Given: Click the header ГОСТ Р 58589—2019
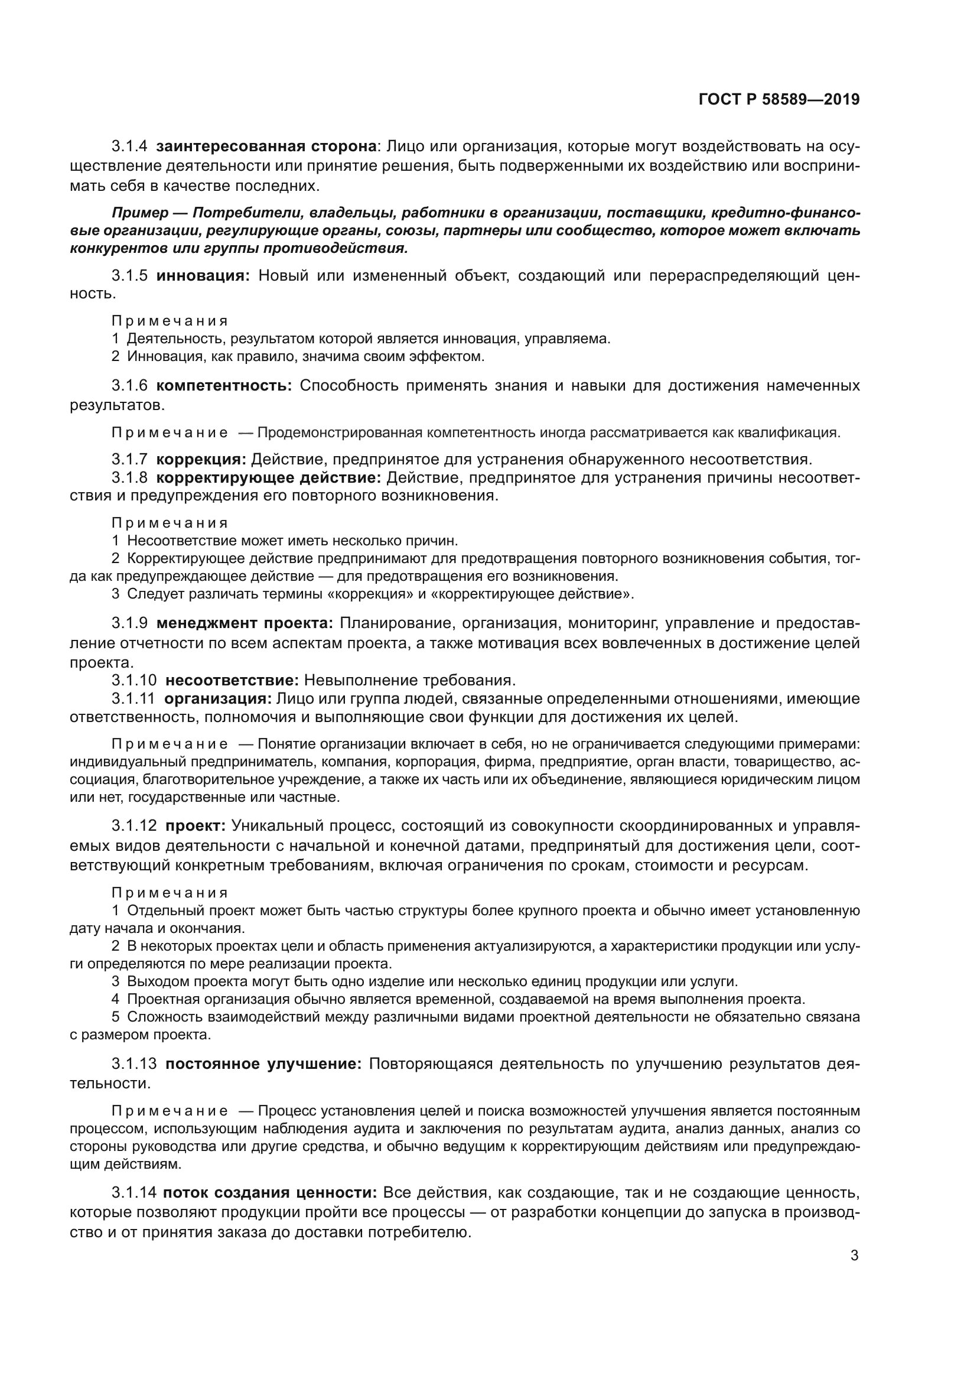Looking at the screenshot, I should (x=779, y=100).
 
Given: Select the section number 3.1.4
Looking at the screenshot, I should (x=129, y=147).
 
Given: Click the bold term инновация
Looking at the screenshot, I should (x=203, y=276).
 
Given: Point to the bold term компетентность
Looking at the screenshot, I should (x=224, y=386).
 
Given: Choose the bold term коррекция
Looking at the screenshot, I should (x=201, y=460).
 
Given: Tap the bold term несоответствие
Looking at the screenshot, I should (x=232, y=681).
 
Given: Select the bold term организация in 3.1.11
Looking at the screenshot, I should (x=219, y=700).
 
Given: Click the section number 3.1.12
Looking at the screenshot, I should (x=134, y=825).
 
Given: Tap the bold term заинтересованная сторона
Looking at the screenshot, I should (x=266, y=147).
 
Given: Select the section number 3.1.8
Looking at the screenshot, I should (x=129, y=478).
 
